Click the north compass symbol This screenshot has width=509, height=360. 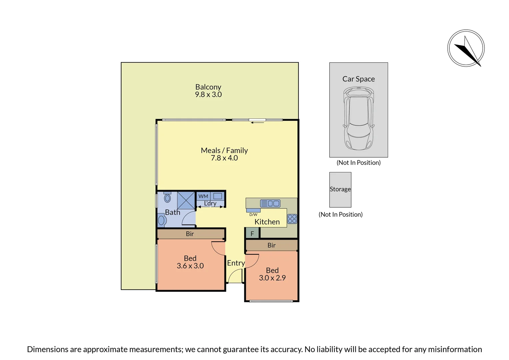pyautogui.click(x=466, y=48)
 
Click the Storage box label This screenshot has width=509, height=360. pyautogui.click(x=340, y=189)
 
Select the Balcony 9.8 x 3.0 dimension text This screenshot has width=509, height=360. pyautogui.click(x=208, y=94)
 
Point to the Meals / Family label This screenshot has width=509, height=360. pyautogui.click(x=224, y=150)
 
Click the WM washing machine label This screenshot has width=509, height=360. pyautogui.click(x=203, y=196)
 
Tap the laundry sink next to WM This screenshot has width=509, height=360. pyautogui.click(x=218, y=196)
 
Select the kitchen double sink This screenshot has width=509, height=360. pyautogui.click(x=270, y=203)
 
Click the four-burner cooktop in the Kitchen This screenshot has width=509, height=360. pyautogui.click(x=292, y=219)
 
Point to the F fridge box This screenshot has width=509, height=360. pyautogui.click(x=252, y=234)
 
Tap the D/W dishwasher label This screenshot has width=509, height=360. pyautogui.click(x=253, y=215)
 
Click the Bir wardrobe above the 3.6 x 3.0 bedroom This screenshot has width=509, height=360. pyautogui.click(x=190, y=234)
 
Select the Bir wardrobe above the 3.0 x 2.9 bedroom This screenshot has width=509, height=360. pyautogui.click(x=271, y=245)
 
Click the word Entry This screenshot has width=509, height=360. pyautogui.click(x=236, y=263)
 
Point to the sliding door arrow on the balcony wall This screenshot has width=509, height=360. pyautogui.click(x=257, y=123)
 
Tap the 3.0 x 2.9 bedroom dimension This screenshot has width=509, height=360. pyautogui.click(x=272, y=278)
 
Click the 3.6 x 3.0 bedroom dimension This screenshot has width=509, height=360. pyautogui.click(x=190, y=266)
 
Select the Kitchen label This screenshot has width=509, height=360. pyautogui.click(x=267, y=222)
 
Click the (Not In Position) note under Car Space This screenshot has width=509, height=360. pyautogui.click(x=358, y=162)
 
